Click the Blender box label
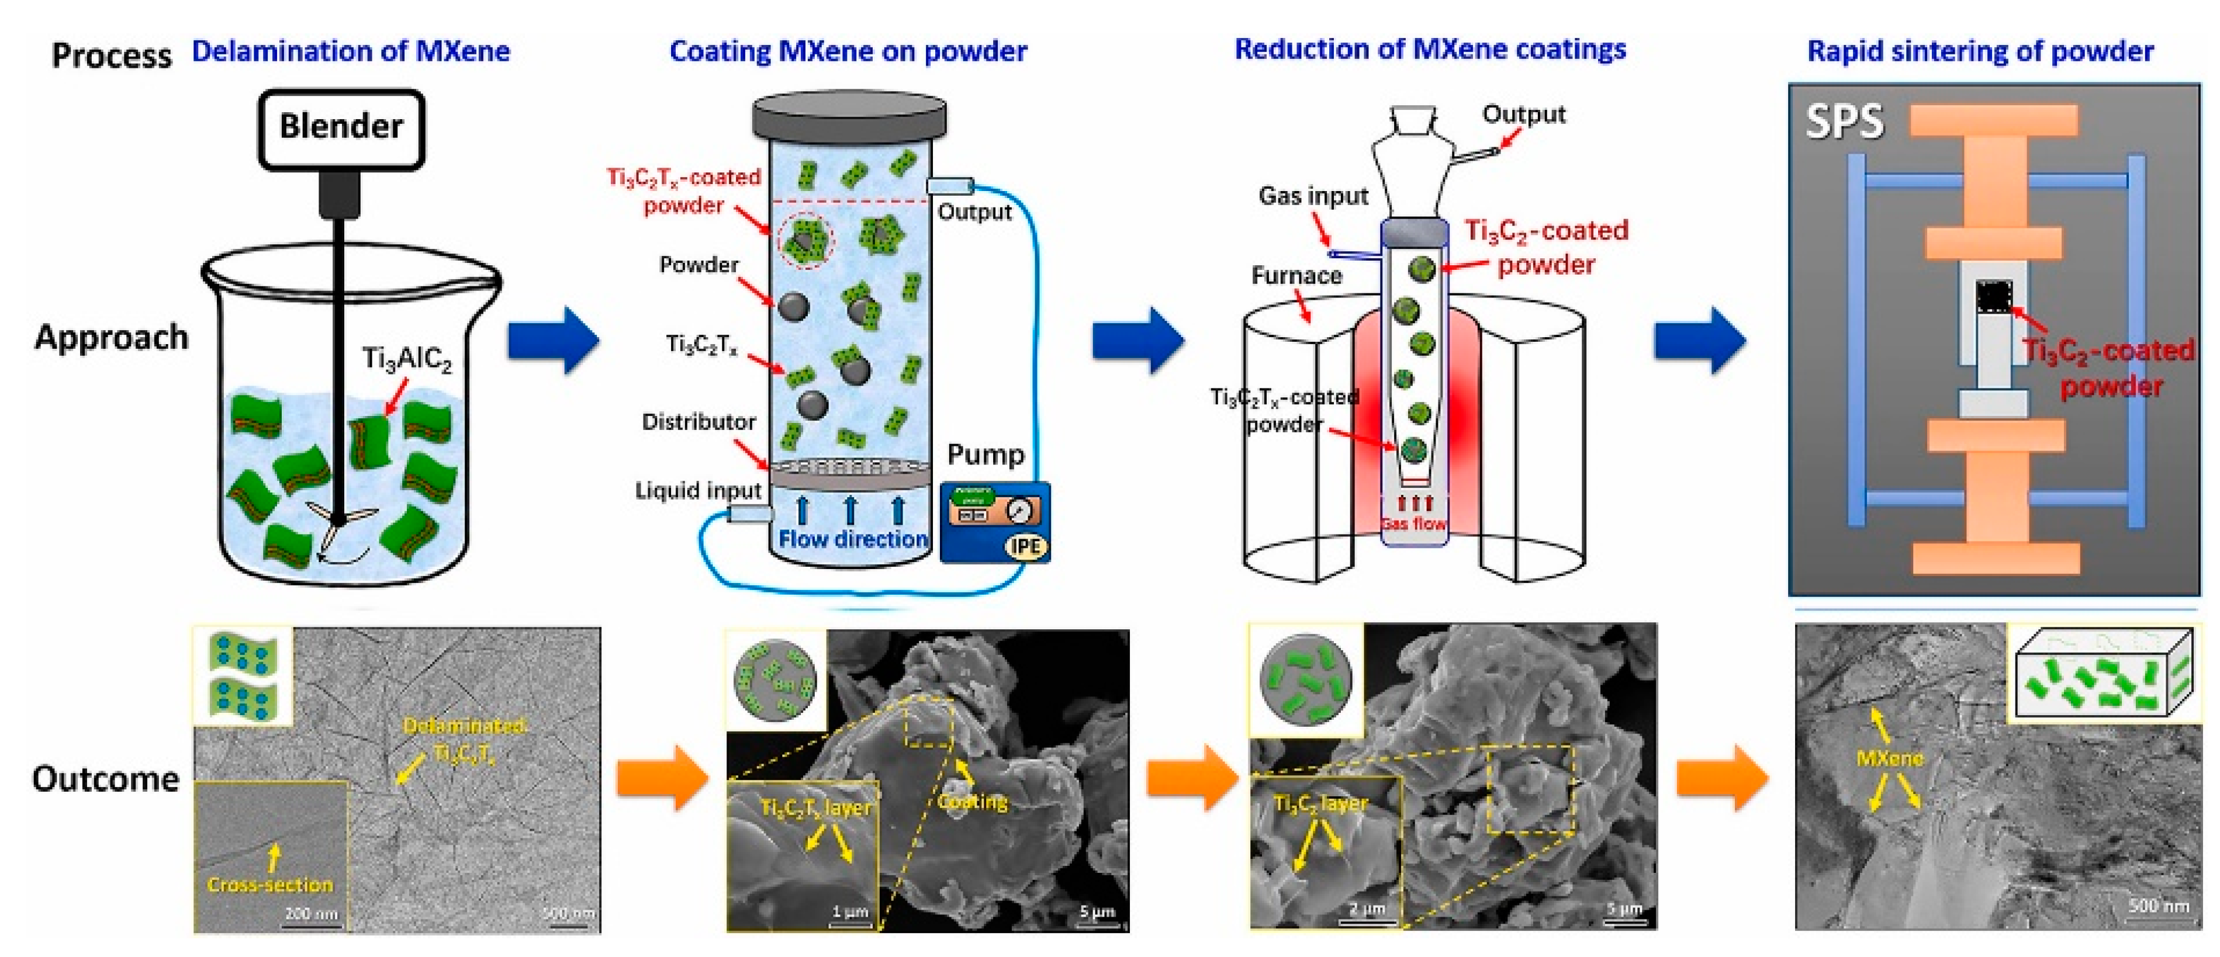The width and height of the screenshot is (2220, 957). coord(341,127)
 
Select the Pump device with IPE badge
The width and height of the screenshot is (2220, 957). coord(995,522)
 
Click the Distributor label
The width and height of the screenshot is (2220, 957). coord(698,422)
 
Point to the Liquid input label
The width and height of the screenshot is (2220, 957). coord(698,491)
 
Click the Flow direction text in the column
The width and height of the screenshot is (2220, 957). coord(852,539)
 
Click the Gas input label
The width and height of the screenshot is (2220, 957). coord(1312,196)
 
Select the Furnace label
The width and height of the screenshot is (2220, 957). coord(1296,276)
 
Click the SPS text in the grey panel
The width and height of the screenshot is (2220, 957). coord(1844,122)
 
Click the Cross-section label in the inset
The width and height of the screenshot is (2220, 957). coord(269,885)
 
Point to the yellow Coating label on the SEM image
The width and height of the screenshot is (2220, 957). coord(972,802)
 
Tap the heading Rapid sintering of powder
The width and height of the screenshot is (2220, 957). coord(1980,51)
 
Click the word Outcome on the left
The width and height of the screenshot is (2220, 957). coord(105,779)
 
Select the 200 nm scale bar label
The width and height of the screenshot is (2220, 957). coord(310,913)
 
